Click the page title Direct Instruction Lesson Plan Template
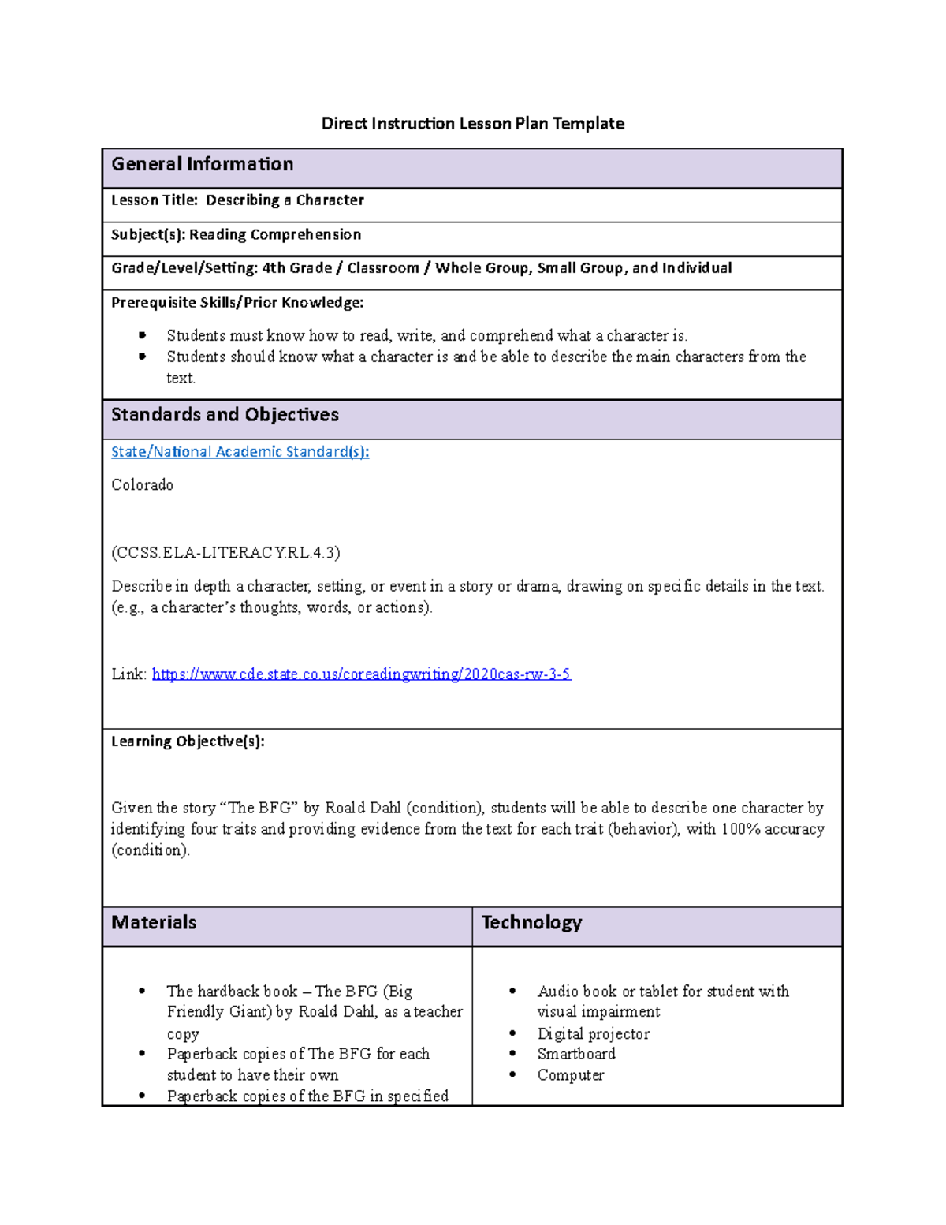473,124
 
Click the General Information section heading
203,164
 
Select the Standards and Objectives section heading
225,415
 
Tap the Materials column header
154,922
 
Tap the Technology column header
531,922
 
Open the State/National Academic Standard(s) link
240,452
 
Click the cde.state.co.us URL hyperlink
361,674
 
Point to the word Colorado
142,485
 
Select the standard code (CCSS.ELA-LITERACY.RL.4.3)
225,553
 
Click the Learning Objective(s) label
188,741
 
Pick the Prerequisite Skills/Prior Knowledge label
237,302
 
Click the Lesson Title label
155,200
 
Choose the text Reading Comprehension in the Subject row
275,234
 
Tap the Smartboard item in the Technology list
576,1054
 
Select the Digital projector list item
594,1033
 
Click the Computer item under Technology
571,1075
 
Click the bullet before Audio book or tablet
513,992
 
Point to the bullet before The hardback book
142,992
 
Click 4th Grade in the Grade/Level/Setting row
297,268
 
